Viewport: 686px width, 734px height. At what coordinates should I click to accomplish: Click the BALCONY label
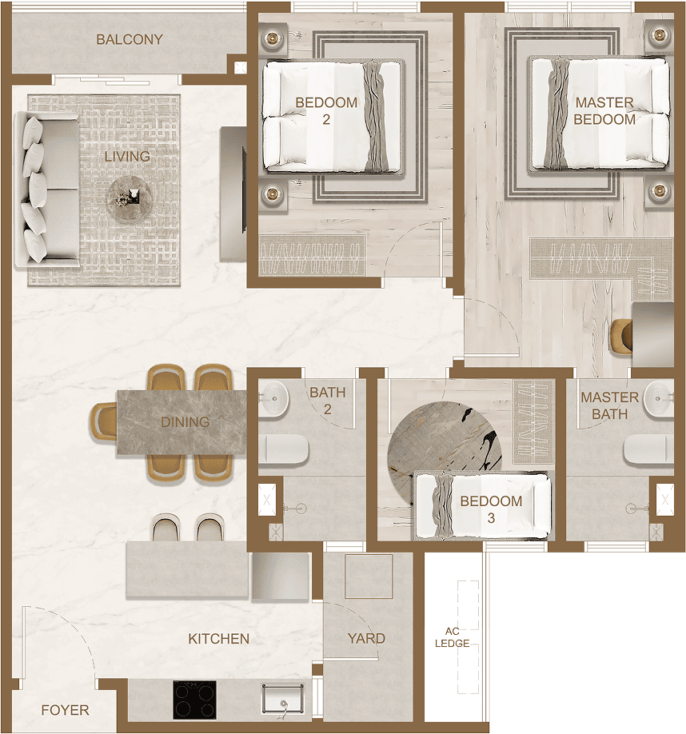tap(130, 39)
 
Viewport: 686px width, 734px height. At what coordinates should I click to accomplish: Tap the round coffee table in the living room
tap(130, 198)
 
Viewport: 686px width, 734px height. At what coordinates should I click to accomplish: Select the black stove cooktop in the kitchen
tap(194, 700)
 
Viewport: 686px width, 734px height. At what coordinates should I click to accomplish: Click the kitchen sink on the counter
tap(282, 700)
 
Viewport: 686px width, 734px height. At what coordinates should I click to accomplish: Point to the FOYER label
tap(65, 710)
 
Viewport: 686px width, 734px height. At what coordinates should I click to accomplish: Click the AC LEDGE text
tap(452, 637)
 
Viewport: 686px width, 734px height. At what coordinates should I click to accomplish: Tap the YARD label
tap(366, 639)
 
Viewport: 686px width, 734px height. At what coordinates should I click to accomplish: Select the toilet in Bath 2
tap(284, 450)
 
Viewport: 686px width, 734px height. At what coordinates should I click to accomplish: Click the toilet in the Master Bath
tap(648, 449)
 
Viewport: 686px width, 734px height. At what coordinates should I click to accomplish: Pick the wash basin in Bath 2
tap(273, 398)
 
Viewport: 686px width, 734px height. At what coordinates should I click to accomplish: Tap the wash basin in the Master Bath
tap(659, 398)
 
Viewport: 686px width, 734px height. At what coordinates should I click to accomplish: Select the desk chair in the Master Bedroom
tap(621, 335)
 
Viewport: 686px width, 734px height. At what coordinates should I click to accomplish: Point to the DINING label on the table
tap(185, 422)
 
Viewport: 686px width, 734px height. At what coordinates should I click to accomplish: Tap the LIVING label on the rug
tap(127, 157)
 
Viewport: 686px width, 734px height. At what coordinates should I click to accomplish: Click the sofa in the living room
tap(47, 190)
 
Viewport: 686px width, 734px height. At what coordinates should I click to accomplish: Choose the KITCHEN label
tap(218, 639)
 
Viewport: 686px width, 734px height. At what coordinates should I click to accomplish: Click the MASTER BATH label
tap(610, 405)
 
